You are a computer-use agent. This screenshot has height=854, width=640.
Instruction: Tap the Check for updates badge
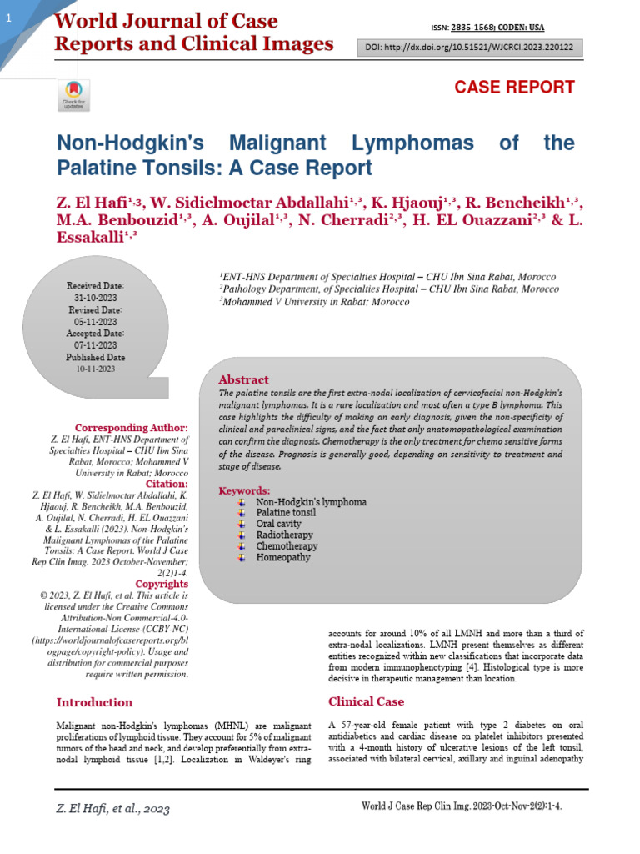(69, 95)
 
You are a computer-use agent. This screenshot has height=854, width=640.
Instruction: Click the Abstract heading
(243, 379)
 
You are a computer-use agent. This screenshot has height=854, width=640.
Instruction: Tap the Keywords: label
(244, 490)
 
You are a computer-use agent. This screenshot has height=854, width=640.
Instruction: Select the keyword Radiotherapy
(284, 535)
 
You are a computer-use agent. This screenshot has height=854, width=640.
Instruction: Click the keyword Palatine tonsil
(286, 513)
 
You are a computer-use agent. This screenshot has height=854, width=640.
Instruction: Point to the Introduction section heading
(94, 702)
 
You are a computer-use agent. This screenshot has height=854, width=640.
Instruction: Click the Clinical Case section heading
(366, 701)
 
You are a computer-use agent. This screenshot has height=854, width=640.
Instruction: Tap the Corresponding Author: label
(132, 428)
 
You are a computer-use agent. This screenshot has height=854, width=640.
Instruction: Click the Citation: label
(167, 483)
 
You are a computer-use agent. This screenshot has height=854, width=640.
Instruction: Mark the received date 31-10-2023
(96, 298)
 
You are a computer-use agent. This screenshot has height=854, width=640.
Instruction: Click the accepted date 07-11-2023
(96, 344)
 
